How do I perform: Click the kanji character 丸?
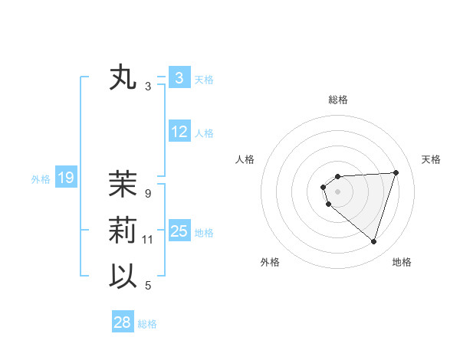pos(123,78)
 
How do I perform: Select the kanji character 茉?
pos(123,184)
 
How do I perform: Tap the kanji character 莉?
pos(123,231)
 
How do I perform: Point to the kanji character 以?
pos(123,277)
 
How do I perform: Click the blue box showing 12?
pos(179,132)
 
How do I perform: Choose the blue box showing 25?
pos(179,231)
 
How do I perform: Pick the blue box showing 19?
pos(65,178)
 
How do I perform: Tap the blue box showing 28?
pos(122,322)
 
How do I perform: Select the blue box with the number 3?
pos(179,77)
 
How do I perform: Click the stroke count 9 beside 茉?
pos(148,193)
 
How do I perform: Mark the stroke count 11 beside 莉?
pos(148,240)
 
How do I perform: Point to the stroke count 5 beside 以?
pos(148,286)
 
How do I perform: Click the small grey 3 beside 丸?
pos(148,87)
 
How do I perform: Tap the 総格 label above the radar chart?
pos(338,100)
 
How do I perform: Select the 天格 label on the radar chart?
pos(431,159)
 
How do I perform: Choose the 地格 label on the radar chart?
pos(402,263)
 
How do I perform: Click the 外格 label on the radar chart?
pos(269,263)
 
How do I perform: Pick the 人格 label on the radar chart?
pos(245,159)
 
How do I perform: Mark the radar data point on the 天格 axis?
pos(396,172)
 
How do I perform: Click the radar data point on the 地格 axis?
pos(373,242)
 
